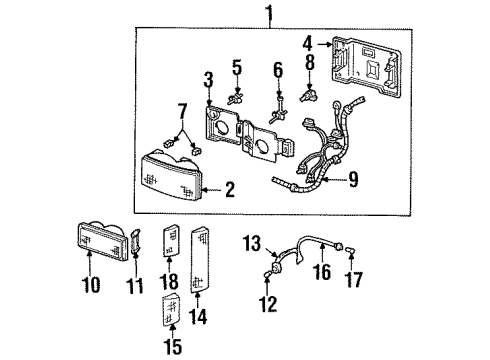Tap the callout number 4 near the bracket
pos(308,43)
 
